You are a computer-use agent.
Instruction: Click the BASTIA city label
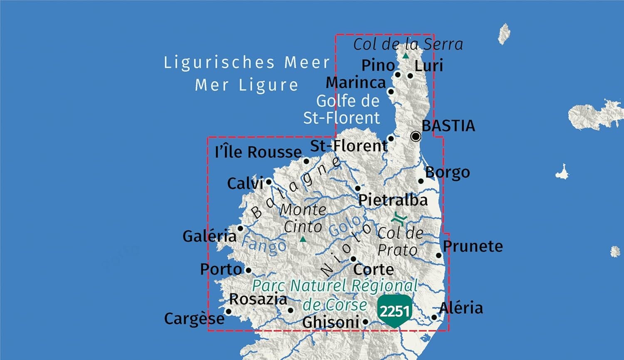pyautogui.click(x=448, y=126)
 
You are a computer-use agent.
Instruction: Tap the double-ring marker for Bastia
pyautogui.click(x=416, y=136)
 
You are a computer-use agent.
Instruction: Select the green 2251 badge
pyautogui.click(x=394, y=311)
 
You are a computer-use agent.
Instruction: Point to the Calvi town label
pyautogui.click(x=245, y=183)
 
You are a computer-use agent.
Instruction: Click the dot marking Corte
pyautogui.click(x=353, y=259)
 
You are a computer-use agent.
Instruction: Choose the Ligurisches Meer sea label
pyautogui.click(x=247, y=63)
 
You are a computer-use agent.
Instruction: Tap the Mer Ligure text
pyautogui.click(x=247, y=85)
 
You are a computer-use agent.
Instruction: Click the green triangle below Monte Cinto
pyautogui.click(x=303, y=239)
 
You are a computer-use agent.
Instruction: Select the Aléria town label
pyautogui.click(x=461, y=308)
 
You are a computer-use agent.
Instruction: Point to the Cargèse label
pyautogui.click(x=194, y=319)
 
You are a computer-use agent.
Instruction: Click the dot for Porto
pyautogui.click(x=248, y=270)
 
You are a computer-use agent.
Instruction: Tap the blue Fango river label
pyautogui.click(x=264, y=245)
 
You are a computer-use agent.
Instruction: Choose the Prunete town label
pyautogui.click(x=473, y=246)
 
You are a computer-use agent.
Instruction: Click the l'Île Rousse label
pyautogui.click(x=258, y=152)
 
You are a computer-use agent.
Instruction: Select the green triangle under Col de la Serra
pyautogui.click(x=406, y=56)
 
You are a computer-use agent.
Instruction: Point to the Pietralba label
pyautogui.click(x=393, y=200)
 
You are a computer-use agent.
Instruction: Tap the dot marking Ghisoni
pyautogui.click(x=365, y=321)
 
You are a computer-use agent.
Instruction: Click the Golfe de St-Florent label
pyautogui.click(x=342, y=109)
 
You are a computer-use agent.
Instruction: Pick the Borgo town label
pyautogui.click(x=448, y=172)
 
